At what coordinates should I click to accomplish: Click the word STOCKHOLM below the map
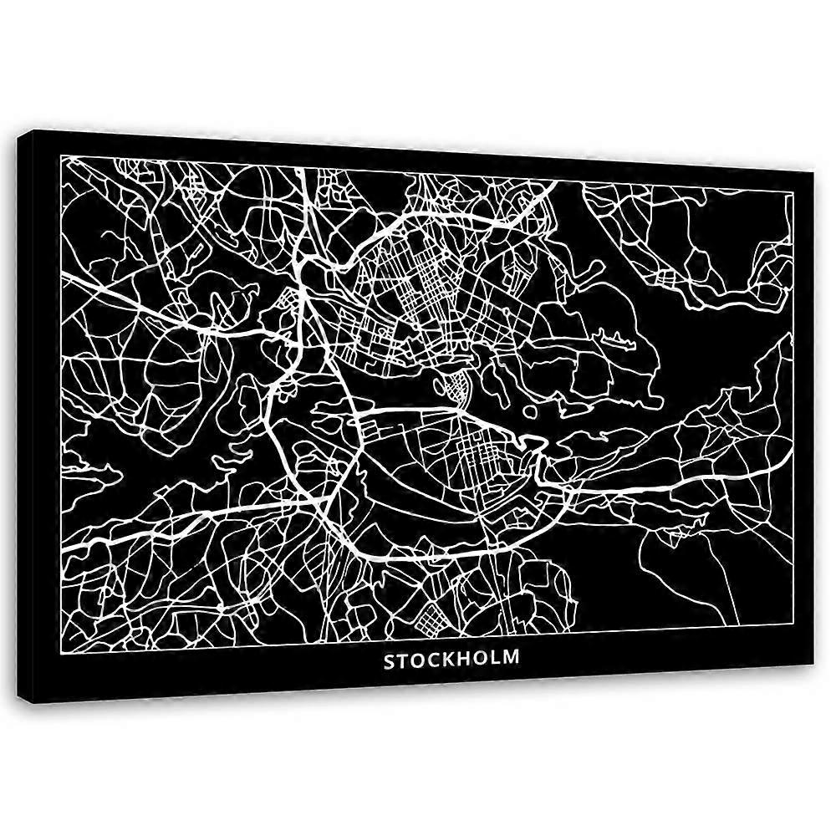[x=451, y=659]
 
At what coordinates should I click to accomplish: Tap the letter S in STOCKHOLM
[x=390, y=660]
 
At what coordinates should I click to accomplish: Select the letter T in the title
[x=403, y=660]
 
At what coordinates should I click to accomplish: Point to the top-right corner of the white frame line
[x=793, y=192]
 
